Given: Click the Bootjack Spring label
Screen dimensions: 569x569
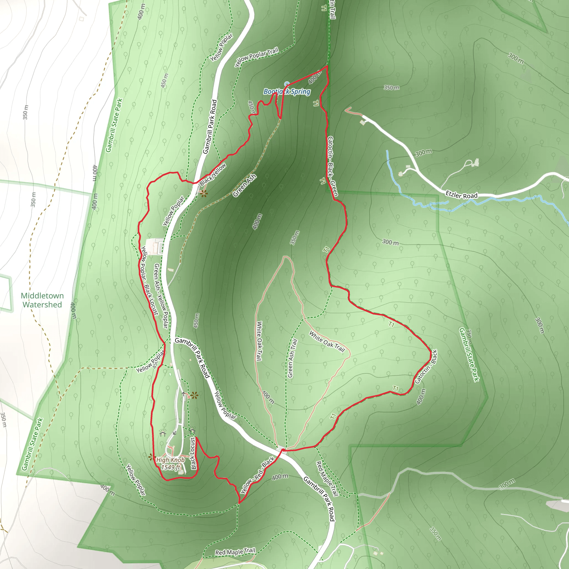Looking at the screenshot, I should [x=287, y=92].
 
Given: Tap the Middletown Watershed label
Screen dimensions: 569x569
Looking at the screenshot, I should [x=42, y=300].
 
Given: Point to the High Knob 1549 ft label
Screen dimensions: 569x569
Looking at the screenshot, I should [x=171, y=463].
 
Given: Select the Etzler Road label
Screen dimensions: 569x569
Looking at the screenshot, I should [x=461, y=195].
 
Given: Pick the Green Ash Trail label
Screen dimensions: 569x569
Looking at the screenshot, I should [x=292, y=358].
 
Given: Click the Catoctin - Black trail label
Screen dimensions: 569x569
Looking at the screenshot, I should [x=426, y=366].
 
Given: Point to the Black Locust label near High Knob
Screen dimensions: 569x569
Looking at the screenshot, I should [x=193, y=453].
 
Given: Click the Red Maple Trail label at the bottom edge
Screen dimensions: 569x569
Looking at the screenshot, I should [x=235, y=551].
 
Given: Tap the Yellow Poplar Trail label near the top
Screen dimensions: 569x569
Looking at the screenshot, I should [x=256, y=57].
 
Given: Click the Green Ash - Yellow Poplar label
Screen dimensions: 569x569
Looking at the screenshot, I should [x=161, y=296].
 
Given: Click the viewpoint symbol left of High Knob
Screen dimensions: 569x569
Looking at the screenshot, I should [x=152, y=457].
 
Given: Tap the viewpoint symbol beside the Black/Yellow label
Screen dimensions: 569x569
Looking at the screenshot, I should [x=203, y=193].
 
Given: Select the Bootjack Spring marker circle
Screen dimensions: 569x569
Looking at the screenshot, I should [x=286, y=84].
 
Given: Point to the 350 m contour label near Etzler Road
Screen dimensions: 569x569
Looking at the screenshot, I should [x=391, y=88].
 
